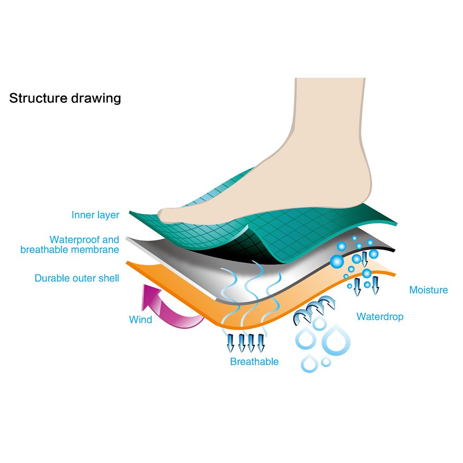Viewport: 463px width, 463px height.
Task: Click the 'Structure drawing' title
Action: (x=65, y=99)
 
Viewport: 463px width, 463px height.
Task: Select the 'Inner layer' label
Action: (x=95, y=215)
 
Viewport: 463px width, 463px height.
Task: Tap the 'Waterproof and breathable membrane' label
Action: (x=70, y=245)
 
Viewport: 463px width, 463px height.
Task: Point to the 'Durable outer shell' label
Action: (x=77, y=278)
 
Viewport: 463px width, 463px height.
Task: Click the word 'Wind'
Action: (x=141, y=320)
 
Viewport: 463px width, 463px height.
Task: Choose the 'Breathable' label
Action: (x=254, y=362)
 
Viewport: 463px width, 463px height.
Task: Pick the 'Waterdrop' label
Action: (x=380, y=317)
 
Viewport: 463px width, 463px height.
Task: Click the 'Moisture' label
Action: (x=428, y=290)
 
